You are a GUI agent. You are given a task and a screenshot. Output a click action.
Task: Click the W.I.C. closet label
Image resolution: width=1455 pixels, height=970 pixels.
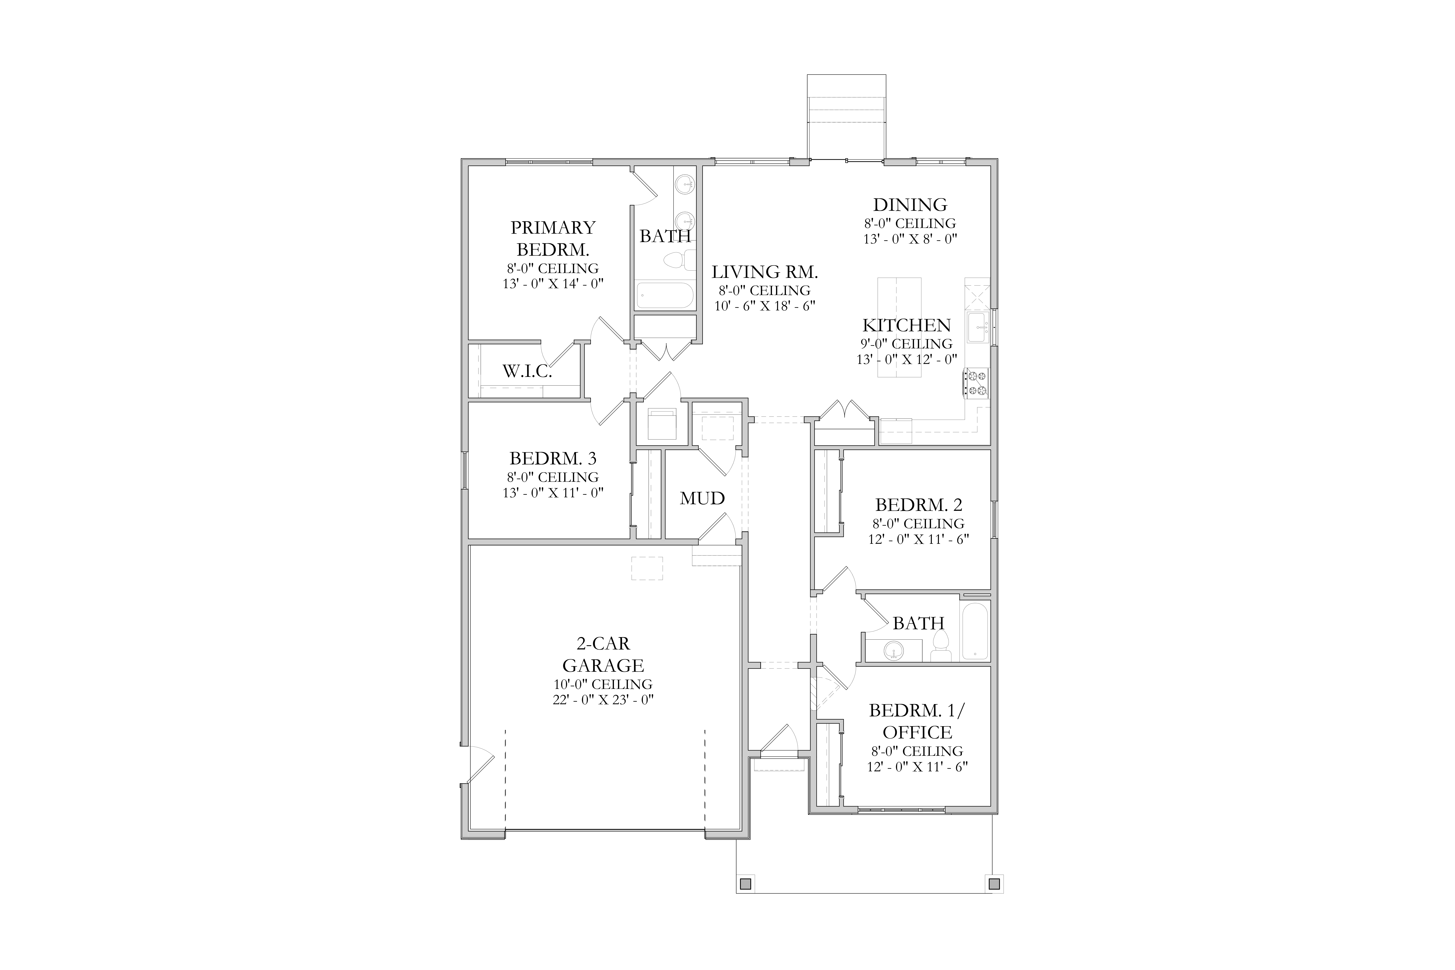point(527,371)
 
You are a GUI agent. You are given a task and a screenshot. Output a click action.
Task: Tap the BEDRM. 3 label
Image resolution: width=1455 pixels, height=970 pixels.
point(553,458)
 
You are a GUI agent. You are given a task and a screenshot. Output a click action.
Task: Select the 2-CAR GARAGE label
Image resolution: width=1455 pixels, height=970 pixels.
point(603,655)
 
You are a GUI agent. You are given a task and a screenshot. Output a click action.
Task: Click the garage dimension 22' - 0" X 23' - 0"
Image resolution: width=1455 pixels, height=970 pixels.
point(603,700)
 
